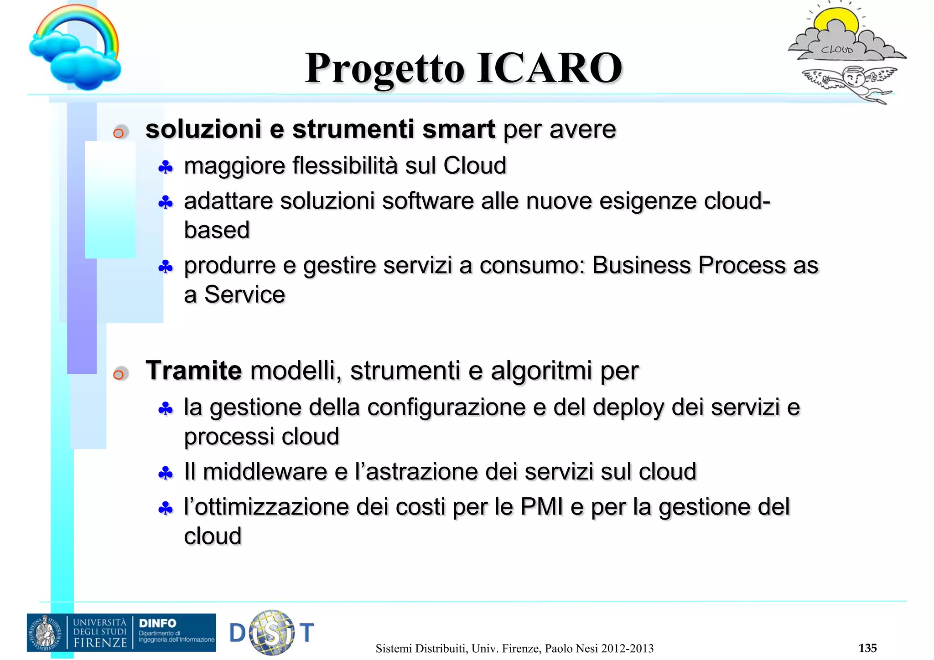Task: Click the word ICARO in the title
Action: click(550, 68)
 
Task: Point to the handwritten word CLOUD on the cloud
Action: click(836, 49)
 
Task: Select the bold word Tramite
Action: click(193, 370)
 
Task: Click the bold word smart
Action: click(458, 129)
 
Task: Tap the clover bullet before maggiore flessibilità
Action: click(165, 167)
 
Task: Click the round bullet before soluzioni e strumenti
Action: click(119, 133)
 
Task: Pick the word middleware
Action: click(265, 471)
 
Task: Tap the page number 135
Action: click(867, 648)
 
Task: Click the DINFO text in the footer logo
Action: click(157, 623)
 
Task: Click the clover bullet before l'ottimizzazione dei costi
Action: click(165, 508)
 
